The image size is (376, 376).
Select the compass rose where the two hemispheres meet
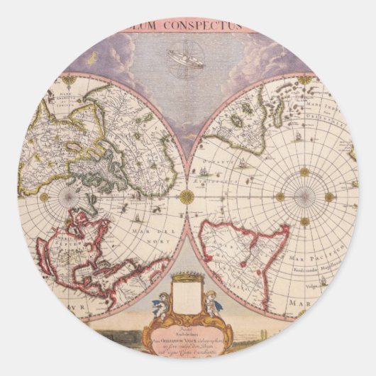pos(187,197)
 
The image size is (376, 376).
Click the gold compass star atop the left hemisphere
pos(69,80)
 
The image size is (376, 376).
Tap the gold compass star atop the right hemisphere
pos(305,79)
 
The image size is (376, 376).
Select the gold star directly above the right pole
pos(305,172)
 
